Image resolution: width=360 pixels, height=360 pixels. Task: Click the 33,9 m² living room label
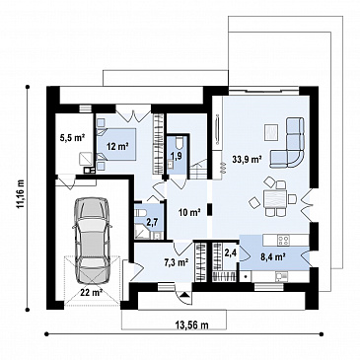tap(247, 160)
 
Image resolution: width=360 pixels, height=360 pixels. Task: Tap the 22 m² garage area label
tap(91, 292)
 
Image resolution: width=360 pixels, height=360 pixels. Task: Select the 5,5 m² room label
tap(73, 137)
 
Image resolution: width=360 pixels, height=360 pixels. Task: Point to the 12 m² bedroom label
tap(117, 146)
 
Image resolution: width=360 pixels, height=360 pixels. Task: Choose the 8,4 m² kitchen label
tap(273, 256)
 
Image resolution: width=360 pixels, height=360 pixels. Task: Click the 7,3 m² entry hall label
tap(176, 262)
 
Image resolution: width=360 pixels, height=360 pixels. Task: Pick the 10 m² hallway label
tap(189, 213)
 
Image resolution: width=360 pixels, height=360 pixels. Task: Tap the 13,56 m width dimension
tap(192, 325)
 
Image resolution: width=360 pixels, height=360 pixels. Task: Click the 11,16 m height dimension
tap(21, 193)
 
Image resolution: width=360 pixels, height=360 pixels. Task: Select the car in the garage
tap(91, 241)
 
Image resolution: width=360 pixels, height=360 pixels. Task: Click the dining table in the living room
tap(275, 199)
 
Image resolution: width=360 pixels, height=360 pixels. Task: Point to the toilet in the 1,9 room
tap(180, 143)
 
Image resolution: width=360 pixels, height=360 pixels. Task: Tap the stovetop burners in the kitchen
tap(283, 240)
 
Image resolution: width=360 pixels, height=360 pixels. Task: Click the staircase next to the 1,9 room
tap(198, 169)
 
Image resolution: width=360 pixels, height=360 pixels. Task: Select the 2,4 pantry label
tap(230, 252)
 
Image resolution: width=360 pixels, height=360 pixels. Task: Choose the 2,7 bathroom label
tap(152, 222)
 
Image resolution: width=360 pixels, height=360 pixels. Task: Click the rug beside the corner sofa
tap(271, 133)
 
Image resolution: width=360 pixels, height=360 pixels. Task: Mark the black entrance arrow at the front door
tap(185, 295)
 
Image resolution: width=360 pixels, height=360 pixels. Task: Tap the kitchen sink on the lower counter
tap(280, 277)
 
